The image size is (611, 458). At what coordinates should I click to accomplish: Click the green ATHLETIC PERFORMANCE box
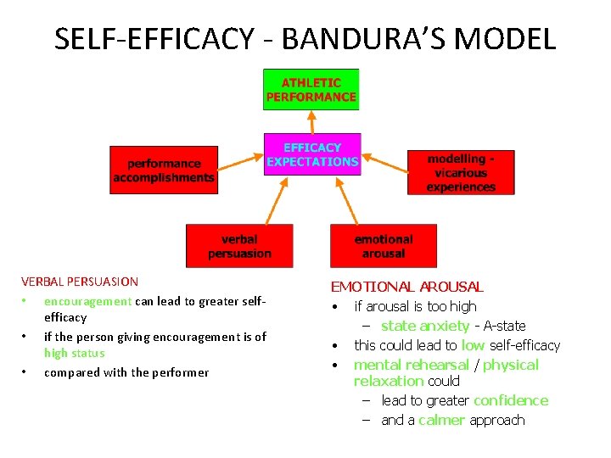click(311, 90)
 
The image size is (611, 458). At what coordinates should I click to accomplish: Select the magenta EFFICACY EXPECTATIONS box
click(311, 154)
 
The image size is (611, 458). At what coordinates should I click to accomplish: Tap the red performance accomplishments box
click(164, 170)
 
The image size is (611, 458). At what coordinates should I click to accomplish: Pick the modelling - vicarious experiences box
click(461, 173)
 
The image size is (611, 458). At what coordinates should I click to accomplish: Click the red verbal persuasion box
click(239, 246)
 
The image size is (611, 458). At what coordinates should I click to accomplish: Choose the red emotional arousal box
click(383, 246)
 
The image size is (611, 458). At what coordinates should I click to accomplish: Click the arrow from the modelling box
click(383, 160)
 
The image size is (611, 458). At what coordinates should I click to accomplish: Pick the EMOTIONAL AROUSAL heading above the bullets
click(406, 288)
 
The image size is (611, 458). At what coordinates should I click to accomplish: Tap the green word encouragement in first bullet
click(87, 301)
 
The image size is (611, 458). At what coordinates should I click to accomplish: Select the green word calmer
click(441, 420)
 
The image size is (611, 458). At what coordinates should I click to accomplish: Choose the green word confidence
click(511, 400)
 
